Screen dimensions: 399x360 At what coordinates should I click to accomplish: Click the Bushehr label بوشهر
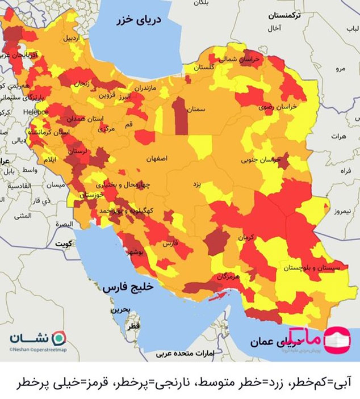click(x=139, y=252)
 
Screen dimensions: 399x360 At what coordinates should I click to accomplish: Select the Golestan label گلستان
click(x=204, y=67)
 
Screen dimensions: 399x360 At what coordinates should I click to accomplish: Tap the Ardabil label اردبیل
click(x=72, y=38)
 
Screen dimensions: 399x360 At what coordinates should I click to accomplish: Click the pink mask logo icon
click(x=340, y=339)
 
